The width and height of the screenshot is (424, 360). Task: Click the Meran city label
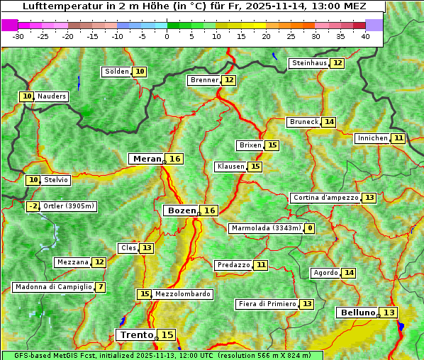(x=146, y=159)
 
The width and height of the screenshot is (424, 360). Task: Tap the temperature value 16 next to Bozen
(x=209, y=210)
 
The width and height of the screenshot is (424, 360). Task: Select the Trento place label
(x=136, y=334)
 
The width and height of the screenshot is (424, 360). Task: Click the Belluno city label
(x=357, y=313)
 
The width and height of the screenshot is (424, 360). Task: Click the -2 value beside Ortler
(x=33, y=206)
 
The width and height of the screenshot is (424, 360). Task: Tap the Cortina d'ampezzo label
(x=325, y=198)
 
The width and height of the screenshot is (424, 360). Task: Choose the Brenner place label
(x=204, y=80)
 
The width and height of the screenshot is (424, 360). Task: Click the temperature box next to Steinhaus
(x=337, y=63)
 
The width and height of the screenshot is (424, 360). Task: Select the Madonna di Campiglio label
(x=53, y=287)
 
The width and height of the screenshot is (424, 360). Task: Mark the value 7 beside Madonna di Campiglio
(x=101, y=287)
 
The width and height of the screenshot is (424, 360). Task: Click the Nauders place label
(x=51, y=96)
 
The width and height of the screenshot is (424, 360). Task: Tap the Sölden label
(x=117, y=72)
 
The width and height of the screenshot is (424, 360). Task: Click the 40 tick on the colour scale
(x=365, y=36)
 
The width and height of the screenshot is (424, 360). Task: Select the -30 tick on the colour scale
(x=19, y=36)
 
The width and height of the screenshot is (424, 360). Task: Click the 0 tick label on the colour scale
(x=167, y=36)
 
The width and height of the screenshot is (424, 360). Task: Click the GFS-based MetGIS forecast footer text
(x=162, y=355)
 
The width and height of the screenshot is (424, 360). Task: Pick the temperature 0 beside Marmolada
(x=309, y=228)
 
